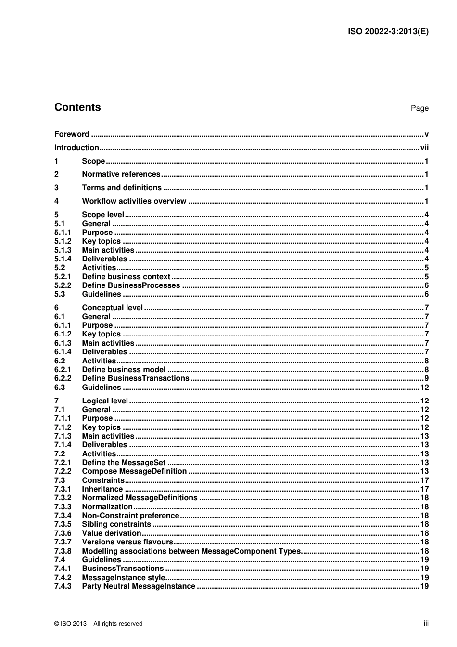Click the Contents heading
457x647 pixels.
(77, 107)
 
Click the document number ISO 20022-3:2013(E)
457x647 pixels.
(388, 32)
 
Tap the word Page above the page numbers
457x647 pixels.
(419, 108)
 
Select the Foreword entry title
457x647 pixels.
(72, 134)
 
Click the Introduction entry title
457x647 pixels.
(76, 148)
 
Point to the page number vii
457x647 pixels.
(424, 148)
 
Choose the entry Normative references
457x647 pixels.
(121, 174)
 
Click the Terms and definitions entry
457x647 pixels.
(122, 188)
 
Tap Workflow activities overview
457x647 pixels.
(134, 201)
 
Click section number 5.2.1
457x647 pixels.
(63, 277)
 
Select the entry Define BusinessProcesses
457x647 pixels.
(131, 285)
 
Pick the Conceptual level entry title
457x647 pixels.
(112, 308)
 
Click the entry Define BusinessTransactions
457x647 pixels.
(136, 378)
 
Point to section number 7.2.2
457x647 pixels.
(63, 471)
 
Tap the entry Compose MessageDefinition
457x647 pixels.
(134, 471)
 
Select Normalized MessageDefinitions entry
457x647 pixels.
(140, 498)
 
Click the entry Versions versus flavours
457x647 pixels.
(127, 542)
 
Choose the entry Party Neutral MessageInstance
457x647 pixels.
(139, 586)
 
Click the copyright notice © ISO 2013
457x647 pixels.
(98, 624)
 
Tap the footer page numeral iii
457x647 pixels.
(426, 623)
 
